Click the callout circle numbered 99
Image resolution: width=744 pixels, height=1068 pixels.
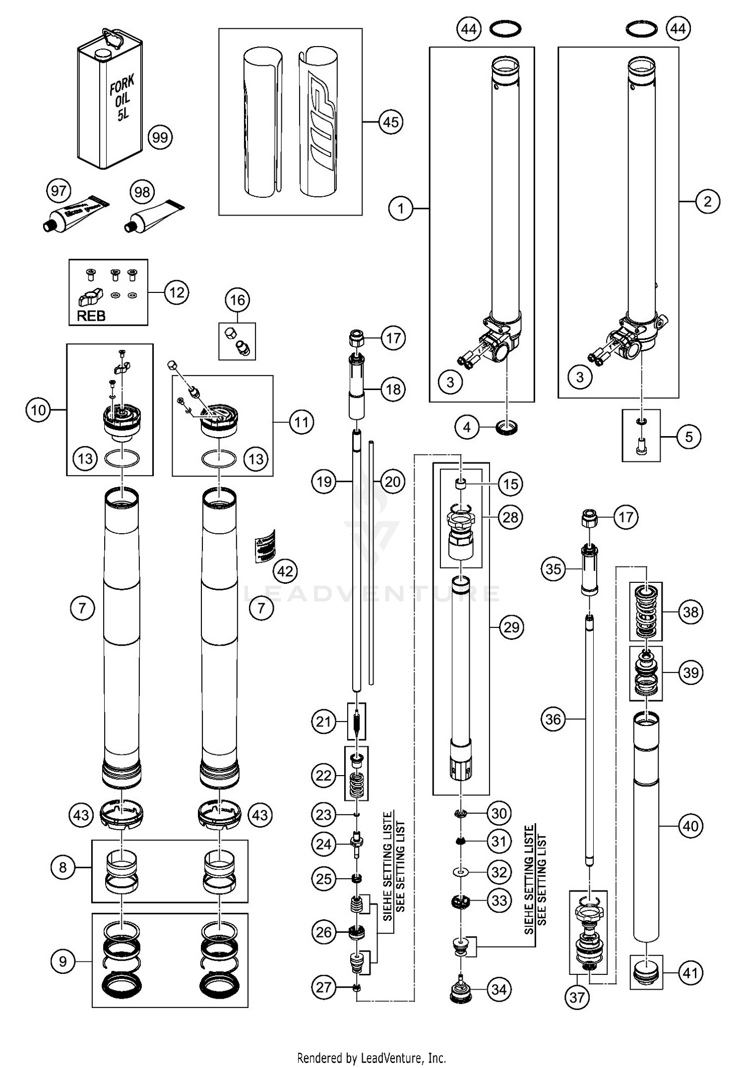tap(160, 137)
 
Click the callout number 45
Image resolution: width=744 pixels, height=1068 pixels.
tap(391, 122)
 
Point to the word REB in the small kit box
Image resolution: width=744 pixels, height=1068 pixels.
tap(91, 316)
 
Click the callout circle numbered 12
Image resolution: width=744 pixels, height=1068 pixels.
tap(177, 292)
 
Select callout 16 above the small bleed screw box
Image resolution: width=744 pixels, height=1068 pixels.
tap(238, 300)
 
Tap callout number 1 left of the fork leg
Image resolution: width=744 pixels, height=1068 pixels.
tap(401, 209)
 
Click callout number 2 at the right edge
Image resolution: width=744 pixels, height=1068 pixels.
tap(707, 201)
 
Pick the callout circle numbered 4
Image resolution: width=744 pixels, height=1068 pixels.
tap(467, 427)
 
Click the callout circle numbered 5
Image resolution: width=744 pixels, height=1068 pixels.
tap(689, 437)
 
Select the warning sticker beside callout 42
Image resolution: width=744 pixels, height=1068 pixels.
tap(265, 546)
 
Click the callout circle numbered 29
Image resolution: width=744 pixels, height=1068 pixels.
tap(511, 627)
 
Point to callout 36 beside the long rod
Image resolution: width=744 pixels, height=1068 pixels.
tap(553, 719)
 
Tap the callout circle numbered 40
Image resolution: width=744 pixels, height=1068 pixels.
tap(690, 826)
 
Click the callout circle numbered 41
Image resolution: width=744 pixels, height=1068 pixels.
tap(690, 973)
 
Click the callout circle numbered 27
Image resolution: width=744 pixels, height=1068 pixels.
tap(324, 987)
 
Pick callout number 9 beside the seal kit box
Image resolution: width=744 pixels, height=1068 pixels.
tap(63, 961)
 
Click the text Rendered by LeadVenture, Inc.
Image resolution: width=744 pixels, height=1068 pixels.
tap(371, 1058)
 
